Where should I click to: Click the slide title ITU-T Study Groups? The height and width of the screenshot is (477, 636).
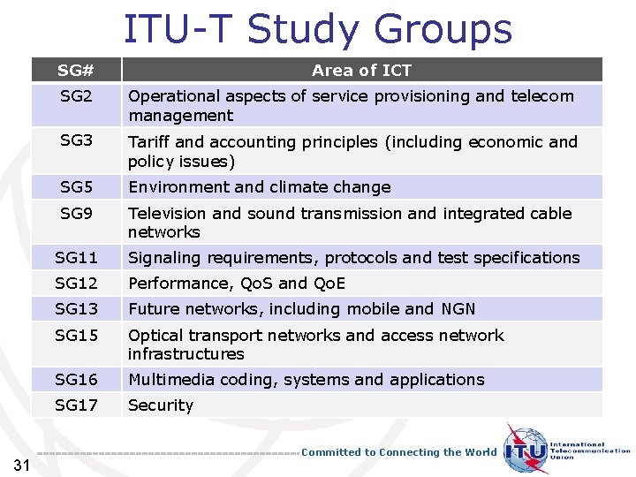pyautogui.click(x=317, y=28)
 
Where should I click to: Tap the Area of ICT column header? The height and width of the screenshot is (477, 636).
pyautogui.click(x=361, y=70)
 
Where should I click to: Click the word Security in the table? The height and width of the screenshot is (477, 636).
pyautogui.click(x=161, y=405)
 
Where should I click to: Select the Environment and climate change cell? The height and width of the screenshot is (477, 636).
pyautogui.click(x=260, y=186)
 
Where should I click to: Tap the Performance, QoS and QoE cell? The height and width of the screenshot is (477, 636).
pyautogui.click(x=237, y=283)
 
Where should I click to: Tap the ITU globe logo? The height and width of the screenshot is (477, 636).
pyautogui.click(x=526, y=450)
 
